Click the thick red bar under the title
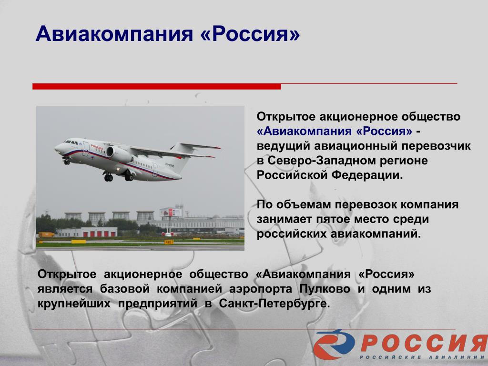pos(156,86)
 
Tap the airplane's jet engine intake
pos(110,152)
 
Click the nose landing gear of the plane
pos(67,161)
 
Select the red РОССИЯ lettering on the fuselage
pos(97,147)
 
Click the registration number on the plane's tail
pos(170,165)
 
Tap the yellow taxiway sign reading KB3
pos(169,242)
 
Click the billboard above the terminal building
pos(171,212)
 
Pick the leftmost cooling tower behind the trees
pos(73,216)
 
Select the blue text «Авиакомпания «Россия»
pos(335,131)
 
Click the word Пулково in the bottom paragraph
pos(325,289)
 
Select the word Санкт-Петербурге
pos(274,304)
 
